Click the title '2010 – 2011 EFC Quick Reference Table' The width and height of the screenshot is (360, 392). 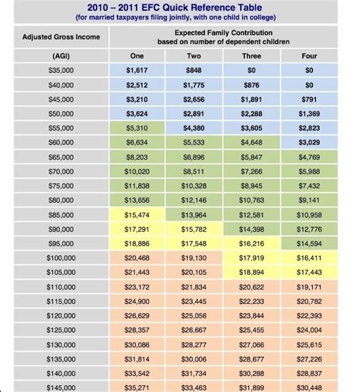175,8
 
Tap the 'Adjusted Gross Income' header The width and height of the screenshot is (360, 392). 61,37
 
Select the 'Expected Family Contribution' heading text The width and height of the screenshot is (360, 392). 223,33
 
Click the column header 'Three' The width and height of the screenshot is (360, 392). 251,56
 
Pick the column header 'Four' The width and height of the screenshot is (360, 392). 309,56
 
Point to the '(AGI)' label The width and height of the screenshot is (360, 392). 61,56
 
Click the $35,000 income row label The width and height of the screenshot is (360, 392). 61,71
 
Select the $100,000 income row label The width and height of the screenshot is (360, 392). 61,258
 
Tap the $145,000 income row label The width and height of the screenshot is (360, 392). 61,387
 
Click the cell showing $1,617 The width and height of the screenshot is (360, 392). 137,71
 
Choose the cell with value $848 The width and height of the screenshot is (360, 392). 194,71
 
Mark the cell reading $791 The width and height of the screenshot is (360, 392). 309,100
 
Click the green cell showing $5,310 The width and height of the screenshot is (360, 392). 137,128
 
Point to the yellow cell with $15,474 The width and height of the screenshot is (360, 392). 137,215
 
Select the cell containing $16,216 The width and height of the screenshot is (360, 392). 251,244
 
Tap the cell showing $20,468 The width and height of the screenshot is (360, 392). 137,258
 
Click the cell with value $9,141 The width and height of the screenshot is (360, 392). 309,201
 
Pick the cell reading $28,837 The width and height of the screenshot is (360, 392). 309,374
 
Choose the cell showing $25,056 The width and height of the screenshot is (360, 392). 194,316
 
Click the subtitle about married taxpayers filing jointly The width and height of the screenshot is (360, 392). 175,17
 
